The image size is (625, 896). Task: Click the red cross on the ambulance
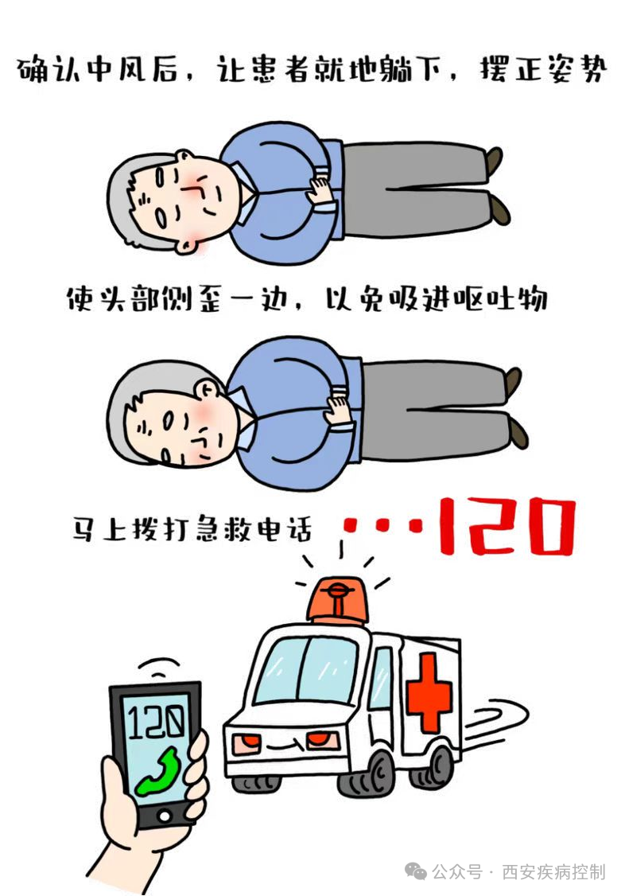[x=429, y=692]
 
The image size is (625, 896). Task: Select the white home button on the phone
[x=165, y=816]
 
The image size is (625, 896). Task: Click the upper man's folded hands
[x=323, y=189]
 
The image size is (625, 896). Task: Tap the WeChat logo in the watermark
[x=417, y=871]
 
